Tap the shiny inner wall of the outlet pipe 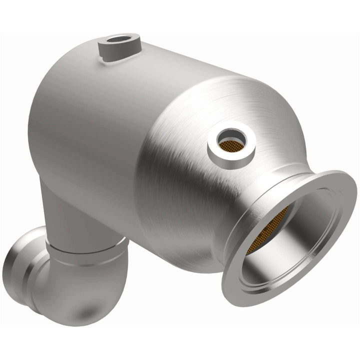(x=295, y=235)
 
